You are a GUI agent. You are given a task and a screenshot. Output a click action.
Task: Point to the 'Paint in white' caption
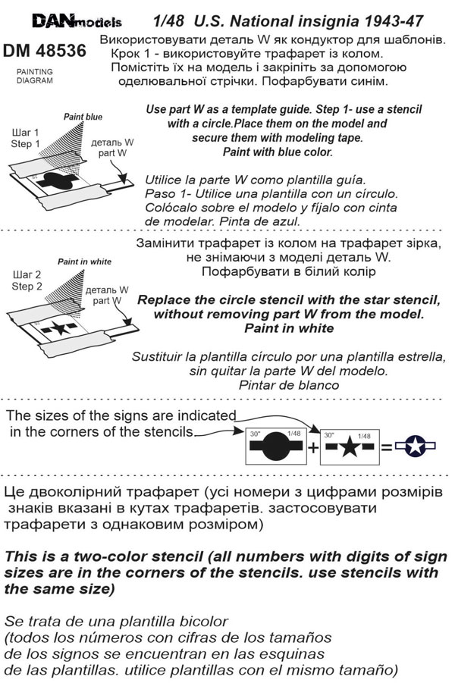[x=84, y=262]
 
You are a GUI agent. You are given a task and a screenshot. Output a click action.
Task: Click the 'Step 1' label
[x=27, y=144]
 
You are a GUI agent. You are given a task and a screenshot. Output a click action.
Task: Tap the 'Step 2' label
[x=27, y=287]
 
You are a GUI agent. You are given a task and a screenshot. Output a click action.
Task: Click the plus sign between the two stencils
[x=313, y=447]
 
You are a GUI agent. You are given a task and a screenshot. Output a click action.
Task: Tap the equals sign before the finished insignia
[x=387, y=447]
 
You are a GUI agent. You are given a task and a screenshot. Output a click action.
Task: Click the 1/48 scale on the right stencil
[x=363, y=436]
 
